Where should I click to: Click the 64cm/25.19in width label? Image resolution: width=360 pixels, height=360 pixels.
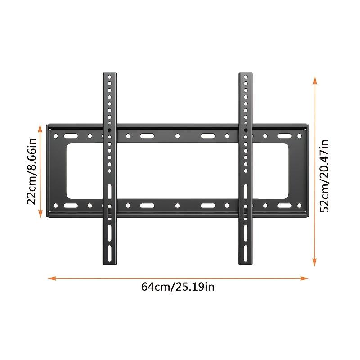click(x=178, y=287)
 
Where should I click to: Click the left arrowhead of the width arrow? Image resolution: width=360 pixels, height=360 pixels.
click(x=51, y=279)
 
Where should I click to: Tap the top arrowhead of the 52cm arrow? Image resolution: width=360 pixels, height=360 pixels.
click(x=315, y=79)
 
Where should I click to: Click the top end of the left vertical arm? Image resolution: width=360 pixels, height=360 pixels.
click(x=109, y=73)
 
